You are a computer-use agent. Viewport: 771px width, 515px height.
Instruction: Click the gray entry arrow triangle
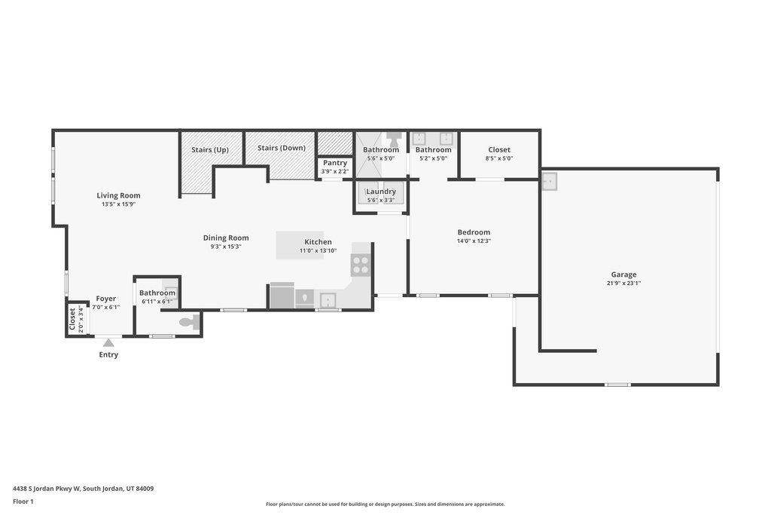108,343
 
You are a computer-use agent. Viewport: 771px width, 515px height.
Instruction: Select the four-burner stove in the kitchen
361,265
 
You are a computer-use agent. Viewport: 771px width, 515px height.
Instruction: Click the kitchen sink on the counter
328,299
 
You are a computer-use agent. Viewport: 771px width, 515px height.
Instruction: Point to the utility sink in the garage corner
550,182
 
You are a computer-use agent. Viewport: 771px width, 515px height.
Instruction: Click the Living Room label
118,195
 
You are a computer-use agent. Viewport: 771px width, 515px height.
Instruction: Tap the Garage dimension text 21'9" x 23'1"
623,284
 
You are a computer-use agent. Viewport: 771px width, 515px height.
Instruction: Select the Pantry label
335,163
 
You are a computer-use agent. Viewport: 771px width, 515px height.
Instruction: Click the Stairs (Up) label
210,149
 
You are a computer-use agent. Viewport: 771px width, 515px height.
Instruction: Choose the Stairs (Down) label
281,148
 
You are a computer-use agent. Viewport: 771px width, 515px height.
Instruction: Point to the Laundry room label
381,192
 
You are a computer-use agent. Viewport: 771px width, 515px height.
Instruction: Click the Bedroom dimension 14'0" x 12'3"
474,241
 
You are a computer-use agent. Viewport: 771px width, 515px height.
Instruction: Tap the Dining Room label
226,238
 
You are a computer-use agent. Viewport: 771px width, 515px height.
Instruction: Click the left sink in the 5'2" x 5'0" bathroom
421,139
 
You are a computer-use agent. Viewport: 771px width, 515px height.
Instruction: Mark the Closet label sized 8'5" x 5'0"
499,150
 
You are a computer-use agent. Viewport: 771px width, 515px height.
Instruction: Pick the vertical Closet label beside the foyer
73,319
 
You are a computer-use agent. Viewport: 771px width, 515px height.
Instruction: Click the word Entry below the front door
108,355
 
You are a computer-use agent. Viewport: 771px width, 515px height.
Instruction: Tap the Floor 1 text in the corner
24,501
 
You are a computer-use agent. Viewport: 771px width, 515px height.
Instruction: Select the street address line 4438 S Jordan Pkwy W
84,488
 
